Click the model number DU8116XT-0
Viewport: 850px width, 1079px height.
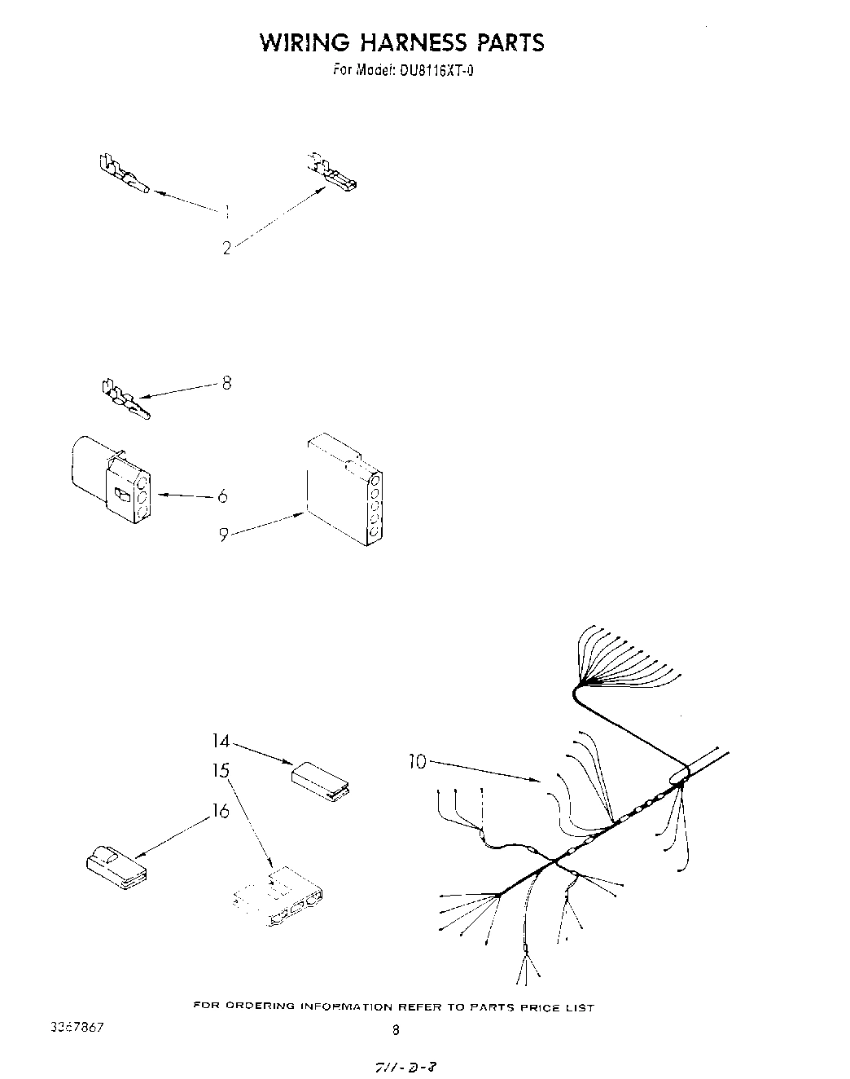pyautogui.click(x=436, y=70)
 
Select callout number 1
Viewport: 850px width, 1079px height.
pyautogui.click(x=226, y=211)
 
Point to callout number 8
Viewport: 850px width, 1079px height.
pyautogui.click(x=226, y=381)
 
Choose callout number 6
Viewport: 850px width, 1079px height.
pyautogui.click(x=221, y=496)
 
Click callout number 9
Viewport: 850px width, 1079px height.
pyautogui.click(x=222, y=535)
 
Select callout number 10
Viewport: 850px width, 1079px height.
pyautogui.click(x=417, y=763)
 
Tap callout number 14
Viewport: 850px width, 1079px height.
pyautogui.click(x=221, y=742)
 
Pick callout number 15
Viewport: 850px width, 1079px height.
pyautogui.click(x=221, y=770)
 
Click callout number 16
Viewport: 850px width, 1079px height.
pyautogui.click(x=221, y=811)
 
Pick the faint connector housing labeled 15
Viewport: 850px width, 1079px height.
pyautogui.click(x=281, y=897)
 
